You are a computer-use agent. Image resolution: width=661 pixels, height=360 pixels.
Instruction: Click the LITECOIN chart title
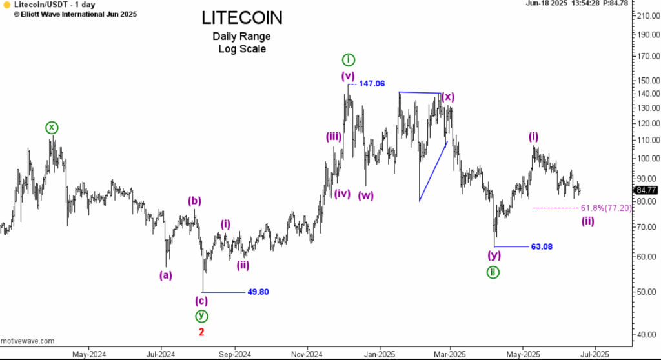241,17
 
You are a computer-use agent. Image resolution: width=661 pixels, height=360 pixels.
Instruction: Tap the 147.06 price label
372,84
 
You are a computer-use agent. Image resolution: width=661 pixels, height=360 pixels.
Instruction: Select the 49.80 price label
258,292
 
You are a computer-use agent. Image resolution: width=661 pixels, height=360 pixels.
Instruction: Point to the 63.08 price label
542,246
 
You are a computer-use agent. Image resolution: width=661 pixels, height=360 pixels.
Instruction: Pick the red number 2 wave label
201,332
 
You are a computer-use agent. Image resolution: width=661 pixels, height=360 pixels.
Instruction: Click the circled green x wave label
52,128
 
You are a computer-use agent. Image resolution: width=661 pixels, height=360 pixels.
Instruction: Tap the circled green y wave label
202,316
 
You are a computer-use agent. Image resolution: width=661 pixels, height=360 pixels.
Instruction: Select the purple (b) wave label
195,201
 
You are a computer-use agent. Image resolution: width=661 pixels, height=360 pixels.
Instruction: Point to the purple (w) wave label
365,195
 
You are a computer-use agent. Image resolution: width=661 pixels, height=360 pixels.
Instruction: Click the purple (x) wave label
447,97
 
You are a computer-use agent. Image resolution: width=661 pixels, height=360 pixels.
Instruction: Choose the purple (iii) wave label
334,136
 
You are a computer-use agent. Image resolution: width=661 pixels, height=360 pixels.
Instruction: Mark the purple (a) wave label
166,275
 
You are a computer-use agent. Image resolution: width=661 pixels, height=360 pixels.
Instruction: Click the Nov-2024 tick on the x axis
307,354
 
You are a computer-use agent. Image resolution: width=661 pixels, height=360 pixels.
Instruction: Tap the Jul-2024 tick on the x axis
160,354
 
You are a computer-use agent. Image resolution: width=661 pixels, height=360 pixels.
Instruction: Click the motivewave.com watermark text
27,341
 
